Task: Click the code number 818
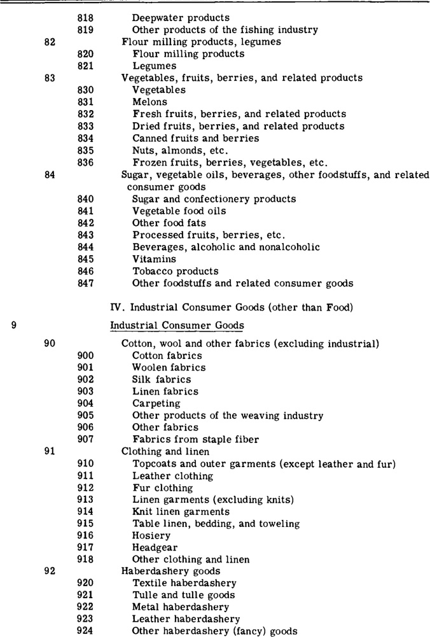point(85,18)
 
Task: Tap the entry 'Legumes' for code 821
point(155,66)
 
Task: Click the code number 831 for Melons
point(85,102)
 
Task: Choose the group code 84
point(50,175)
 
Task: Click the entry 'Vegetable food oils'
point(179,211)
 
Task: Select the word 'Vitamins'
point(155,260)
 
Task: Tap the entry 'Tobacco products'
point(175,272)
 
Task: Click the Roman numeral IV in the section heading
point(116,308)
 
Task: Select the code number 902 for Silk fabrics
point(86,380)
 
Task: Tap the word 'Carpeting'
point(156,404)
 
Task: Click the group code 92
point(50,571)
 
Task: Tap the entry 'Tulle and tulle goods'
point(183,596)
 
